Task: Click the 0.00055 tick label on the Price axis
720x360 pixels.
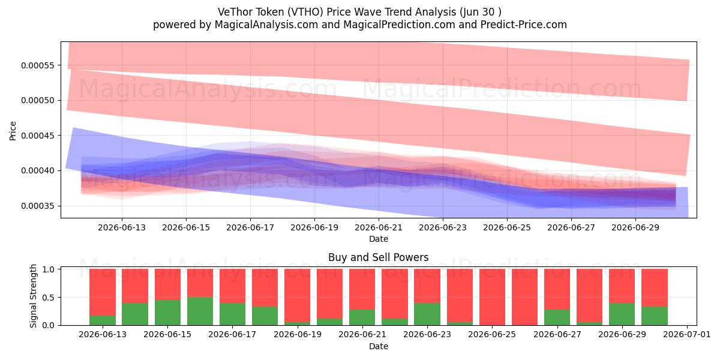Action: (x=38, y=65)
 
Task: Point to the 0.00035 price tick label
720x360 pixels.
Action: (x=38, y=206)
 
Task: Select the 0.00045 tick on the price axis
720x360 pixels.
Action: (x=38, y=136)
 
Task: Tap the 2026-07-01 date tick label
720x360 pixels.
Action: (x=687, y=335)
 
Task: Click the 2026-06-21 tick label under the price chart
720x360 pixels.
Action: (x=379, y=227)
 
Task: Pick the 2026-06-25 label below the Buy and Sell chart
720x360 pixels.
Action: (x=492, y=335)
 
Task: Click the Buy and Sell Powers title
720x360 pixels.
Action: (x=379, y=257)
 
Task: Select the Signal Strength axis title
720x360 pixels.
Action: (x=33, y=296)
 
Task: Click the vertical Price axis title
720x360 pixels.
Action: (x=13, y=131)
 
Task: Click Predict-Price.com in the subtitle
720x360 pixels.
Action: (x=524, y=25)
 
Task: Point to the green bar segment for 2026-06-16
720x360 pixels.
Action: (x=200, y=311)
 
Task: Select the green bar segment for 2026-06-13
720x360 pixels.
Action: (x=103, y=320)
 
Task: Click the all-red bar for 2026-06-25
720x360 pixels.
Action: (x=492, y=297)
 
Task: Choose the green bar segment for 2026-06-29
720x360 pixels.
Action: (x=622, y=314)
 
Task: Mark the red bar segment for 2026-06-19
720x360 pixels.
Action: (x=298, y=296)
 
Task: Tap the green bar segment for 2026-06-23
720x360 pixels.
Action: (x=427, y=314)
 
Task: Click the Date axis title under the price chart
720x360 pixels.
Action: (x=379, y=239)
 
